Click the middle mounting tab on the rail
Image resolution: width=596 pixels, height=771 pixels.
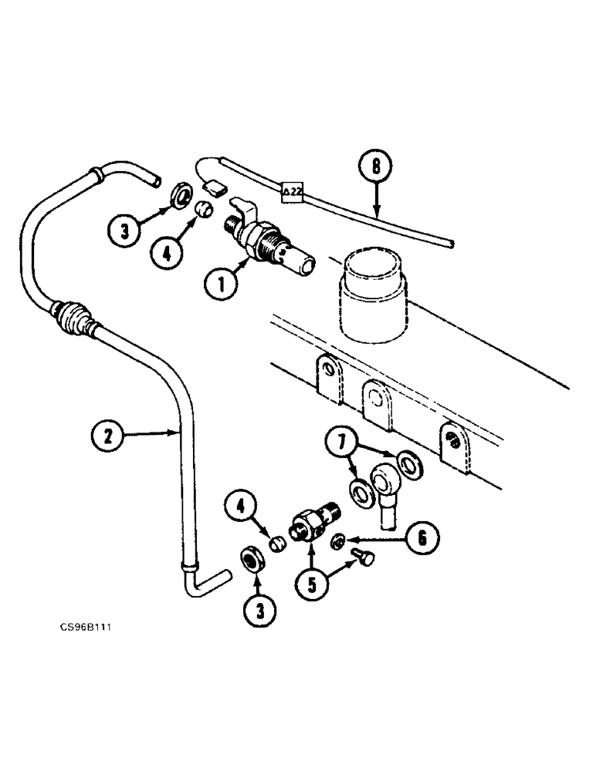(378, 405)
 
